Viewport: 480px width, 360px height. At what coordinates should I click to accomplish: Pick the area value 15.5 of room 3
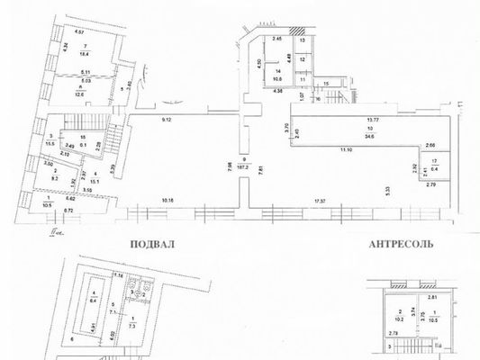(x=50, y=145)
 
